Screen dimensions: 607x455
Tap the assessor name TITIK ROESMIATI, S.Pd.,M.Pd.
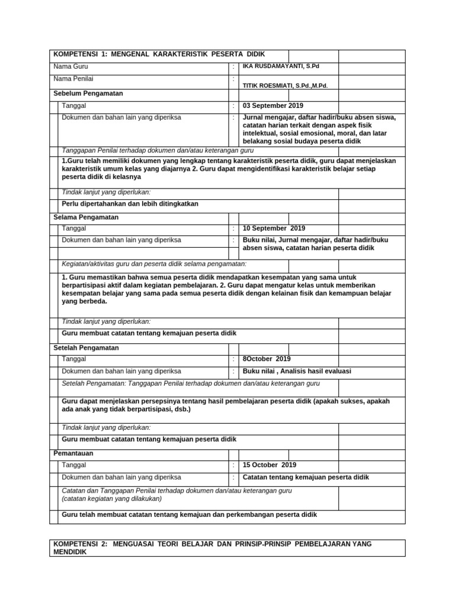[x=281, y=85]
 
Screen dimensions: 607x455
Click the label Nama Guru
[x=71, y=66]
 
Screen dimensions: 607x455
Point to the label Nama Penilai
[x=73, y=78]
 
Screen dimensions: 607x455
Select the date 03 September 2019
[x=273, y=106]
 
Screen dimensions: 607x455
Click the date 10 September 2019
[x=274, y=228]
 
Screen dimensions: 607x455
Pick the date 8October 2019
[x=267, y=359]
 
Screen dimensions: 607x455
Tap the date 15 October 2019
[x=270, y=465]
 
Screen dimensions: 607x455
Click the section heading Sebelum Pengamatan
[x=88, y=94]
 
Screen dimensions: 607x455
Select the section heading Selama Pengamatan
[x=86, y=217]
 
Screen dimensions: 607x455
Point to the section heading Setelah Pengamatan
[x=86, y=348]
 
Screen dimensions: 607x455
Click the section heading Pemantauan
[x=73, y=453]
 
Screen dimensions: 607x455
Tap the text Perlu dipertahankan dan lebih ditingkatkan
[x=130, y=204]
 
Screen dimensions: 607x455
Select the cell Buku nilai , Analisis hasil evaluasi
[x=297, y=370]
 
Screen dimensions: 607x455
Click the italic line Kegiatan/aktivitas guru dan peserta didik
[x=154, y=264]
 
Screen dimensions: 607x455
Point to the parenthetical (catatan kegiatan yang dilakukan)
[x=112, y=499]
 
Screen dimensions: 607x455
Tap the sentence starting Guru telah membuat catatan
[x=189, y=515]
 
